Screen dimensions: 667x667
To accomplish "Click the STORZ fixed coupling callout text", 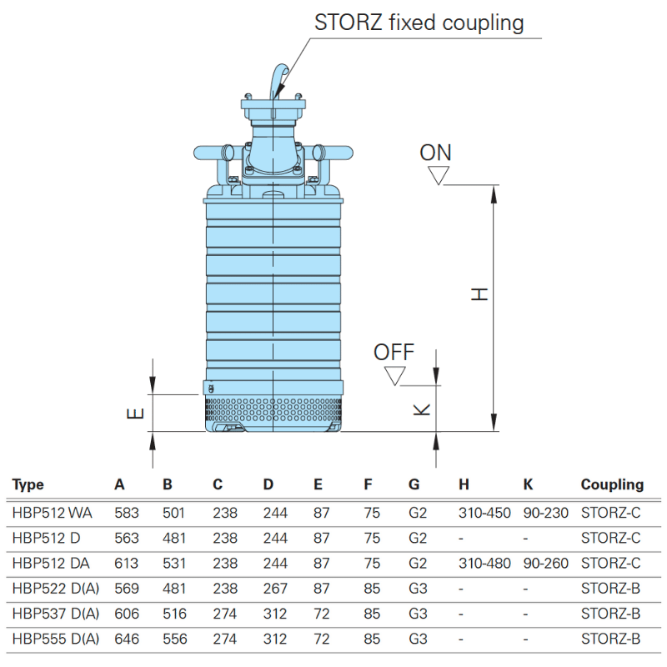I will (419, 23).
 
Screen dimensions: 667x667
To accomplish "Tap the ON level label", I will (435, 153).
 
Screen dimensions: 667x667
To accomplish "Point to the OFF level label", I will (394, 352).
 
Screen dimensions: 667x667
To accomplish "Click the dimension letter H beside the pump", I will (478, 294).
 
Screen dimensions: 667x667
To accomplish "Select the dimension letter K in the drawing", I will (422, 409).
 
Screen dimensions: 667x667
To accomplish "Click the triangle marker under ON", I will (439, 175).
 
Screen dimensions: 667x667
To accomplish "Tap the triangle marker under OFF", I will (394, 375).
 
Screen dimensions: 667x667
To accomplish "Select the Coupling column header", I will (612, 484).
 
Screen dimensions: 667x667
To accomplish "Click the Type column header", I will (28, 484).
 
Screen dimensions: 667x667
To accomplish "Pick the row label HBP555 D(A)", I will (56, 639).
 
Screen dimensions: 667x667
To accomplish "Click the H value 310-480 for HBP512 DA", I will (484, 564).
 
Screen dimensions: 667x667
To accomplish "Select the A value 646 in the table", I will (127, 639).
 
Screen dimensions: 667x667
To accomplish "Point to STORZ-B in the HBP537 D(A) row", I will (610, 614).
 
